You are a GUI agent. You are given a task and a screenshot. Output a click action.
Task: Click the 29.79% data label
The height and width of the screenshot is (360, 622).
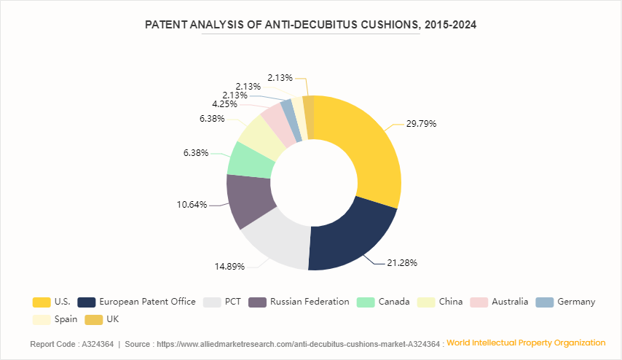point(422,123)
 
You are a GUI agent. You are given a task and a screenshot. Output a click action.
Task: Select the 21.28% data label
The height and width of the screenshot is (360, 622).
point(402,262)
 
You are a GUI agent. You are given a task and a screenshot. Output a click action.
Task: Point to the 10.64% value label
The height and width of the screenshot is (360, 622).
point(192,205)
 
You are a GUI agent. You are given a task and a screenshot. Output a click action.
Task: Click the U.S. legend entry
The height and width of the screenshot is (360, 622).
point(51,302)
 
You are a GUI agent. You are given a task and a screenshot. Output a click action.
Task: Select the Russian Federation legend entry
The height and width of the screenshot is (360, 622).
point(299,302)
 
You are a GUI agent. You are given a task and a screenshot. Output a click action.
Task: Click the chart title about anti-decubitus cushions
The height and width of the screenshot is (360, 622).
point(311,25)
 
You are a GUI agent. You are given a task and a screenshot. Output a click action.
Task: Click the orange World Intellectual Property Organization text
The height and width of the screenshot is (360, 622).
point(526,343)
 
